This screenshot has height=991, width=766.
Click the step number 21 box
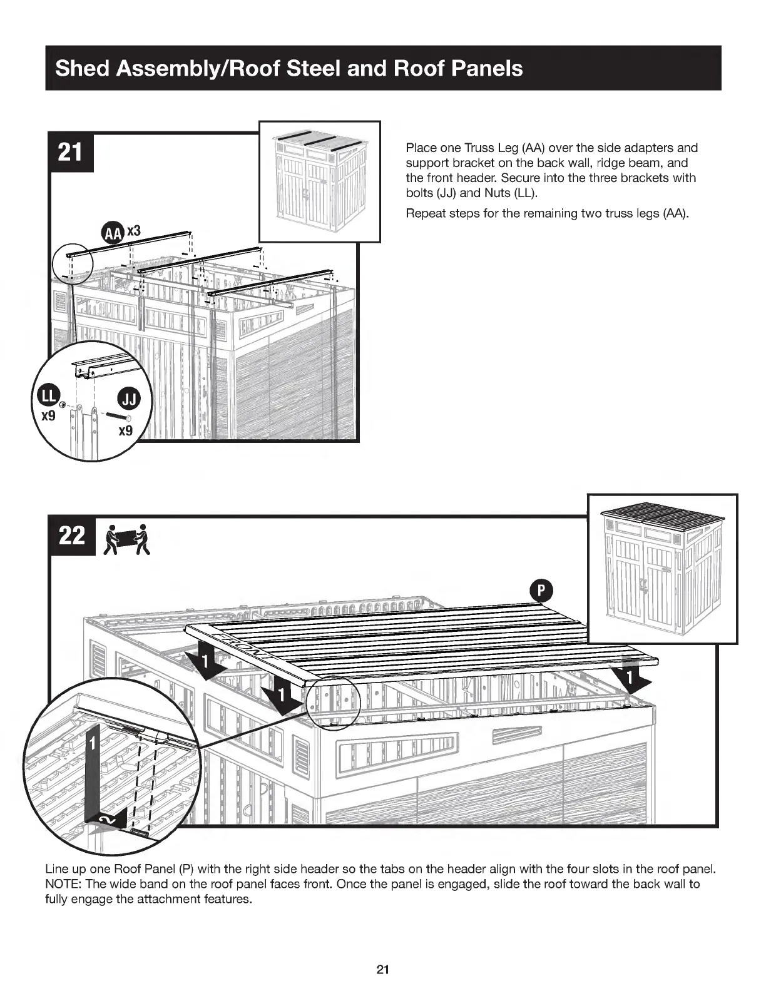point(71,152)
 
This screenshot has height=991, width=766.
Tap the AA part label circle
point(113,233)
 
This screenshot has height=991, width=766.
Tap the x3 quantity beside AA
point(135,231)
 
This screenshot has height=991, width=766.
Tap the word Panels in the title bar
point(488,68)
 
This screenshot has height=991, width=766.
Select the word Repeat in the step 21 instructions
point(424,213)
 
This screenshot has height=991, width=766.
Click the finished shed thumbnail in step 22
point(663,568)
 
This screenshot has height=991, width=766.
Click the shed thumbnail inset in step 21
point(320,181)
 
